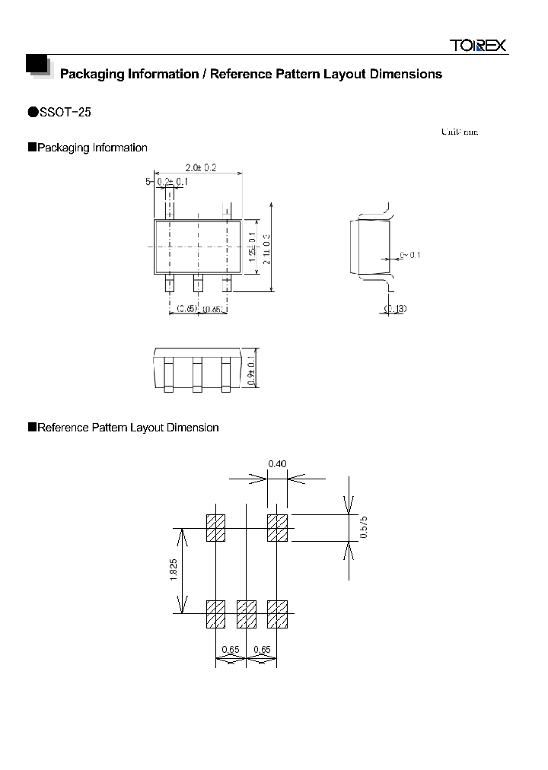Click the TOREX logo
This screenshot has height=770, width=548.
[477, 46]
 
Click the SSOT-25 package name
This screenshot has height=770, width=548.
[65, 112]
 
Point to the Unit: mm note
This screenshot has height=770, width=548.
[459, 132]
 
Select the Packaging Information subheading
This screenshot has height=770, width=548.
[92, 148]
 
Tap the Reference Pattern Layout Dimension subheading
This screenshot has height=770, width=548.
[128, 428]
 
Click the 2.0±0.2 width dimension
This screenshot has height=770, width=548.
[201, 168]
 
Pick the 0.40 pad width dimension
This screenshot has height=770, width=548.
[277, 463]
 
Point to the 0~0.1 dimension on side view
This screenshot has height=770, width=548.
[409, 255]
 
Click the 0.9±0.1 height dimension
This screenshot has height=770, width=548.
[253, 370]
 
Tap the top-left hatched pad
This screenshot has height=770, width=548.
[216, 528]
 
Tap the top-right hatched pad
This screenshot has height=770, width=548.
[277, 528]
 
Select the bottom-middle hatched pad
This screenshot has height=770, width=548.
[247, 615]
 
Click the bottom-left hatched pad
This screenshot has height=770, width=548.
[216, 615]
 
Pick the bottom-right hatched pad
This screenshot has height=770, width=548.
[277, 615]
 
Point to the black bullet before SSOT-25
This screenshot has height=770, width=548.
[33, 112]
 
